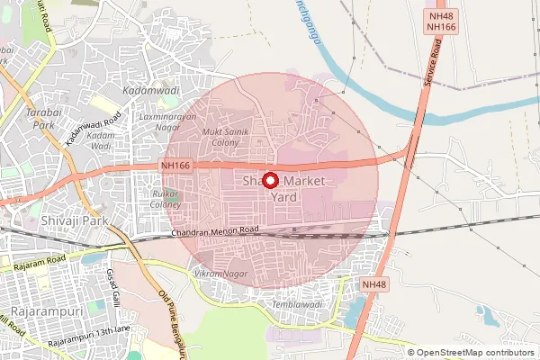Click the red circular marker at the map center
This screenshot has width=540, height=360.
[270, 180]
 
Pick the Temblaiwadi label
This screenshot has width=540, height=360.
[297, 305]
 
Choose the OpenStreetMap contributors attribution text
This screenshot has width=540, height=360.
[476, 353]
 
